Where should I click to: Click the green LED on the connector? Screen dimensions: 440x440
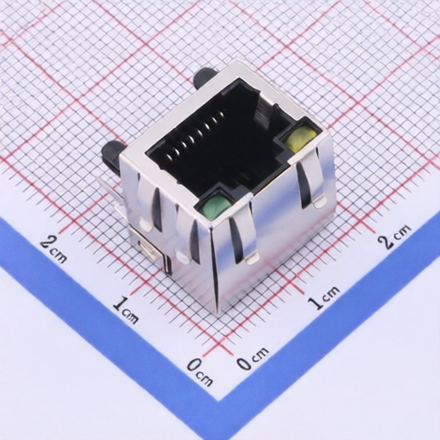click(x=217, y=206)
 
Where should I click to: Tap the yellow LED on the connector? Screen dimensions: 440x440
click(x=302, y=138)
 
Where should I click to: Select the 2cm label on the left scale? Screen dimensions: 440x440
click(x=53, y=247)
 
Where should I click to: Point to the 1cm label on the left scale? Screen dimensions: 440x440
click(x=125, y=310)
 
